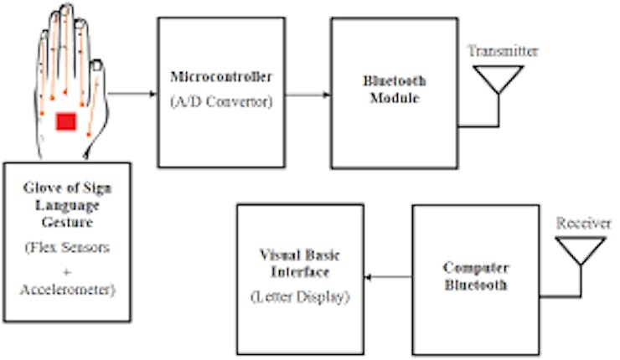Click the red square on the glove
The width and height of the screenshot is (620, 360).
66,122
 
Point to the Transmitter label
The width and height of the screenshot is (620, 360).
503,51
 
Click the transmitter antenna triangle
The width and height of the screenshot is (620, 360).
499,78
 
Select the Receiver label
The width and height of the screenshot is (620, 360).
579,224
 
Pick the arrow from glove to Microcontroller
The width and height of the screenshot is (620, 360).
132,93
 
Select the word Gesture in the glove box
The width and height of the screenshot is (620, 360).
66,224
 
